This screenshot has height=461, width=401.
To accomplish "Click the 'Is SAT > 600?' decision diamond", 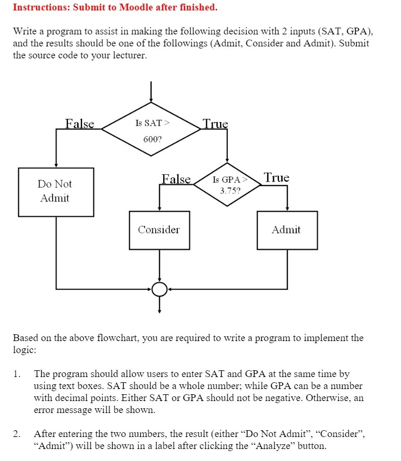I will [151, 131].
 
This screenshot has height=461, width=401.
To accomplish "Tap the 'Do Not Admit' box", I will [56, 191].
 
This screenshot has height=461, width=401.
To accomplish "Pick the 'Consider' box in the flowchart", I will [159, 230].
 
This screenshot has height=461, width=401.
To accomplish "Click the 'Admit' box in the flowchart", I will [287, 230].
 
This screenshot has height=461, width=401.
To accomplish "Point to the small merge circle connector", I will [160, 288].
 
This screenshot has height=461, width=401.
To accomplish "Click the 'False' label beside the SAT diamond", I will [80, 124].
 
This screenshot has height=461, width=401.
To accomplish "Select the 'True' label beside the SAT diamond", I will [215, 124].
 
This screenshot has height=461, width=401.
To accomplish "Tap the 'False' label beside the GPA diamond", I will [176, 179].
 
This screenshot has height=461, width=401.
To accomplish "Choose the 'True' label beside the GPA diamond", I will [276, 178].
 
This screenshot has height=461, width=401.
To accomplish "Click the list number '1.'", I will [18, 374].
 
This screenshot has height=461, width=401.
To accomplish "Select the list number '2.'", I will [18, 434].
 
